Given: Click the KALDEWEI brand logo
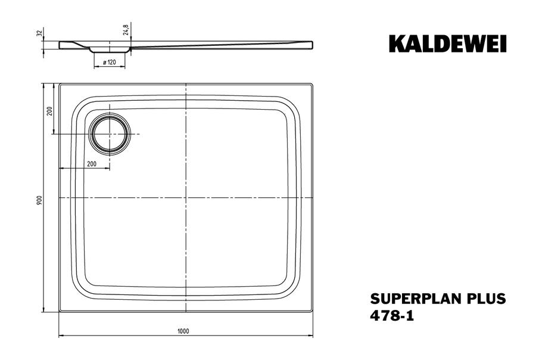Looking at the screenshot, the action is [x=447, y=44].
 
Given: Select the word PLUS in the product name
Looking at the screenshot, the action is [x=486, y=299].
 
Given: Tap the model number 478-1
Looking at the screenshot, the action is [x=392, y=315].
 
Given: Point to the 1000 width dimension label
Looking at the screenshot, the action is [x=183, y=331].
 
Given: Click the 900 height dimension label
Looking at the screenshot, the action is [x=39, y=200].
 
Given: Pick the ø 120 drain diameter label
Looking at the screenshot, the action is [x=110, y=62].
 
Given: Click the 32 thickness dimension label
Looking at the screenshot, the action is [x=39, y=33].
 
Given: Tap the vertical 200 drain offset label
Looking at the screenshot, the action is [x=49, y=111].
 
